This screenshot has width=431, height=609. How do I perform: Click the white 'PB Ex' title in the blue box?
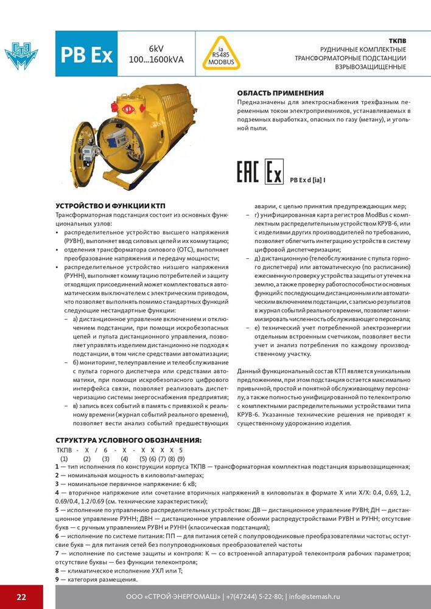click(x=86, y=55)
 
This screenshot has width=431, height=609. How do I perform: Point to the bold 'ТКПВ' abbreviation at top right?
click(x=396, y=41)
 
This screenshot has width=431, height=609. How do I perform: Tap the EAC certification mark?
click(x=248, y=172)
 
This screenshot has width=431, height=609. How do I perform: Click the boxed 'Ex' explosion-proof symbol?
click(x=273, y=172)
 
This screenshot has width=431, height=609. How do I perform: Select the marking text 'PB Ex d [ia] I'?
click(x=308, y=180)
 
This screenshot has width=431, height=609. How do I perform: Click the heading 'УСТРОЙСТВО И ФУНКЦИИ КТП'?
click(x=110, y=206)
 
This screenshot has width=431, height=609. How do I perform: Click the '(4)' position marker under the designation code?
click(x=124, y=458)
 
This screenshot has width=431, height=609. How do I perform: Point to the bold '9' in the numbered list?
click(x=57, y=579)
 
